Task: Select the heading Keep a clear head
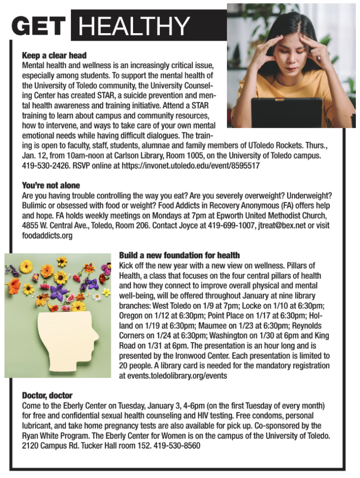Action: click(x=54, y=56)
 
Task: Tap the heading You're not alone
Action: click(x=51, y=185)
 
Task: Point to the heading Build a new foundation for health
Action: click(x=179, y=255)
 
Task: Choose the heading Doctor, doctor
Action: click(x=47, y=395)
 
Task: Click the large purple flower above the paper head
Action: click(x=59, y=295)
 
